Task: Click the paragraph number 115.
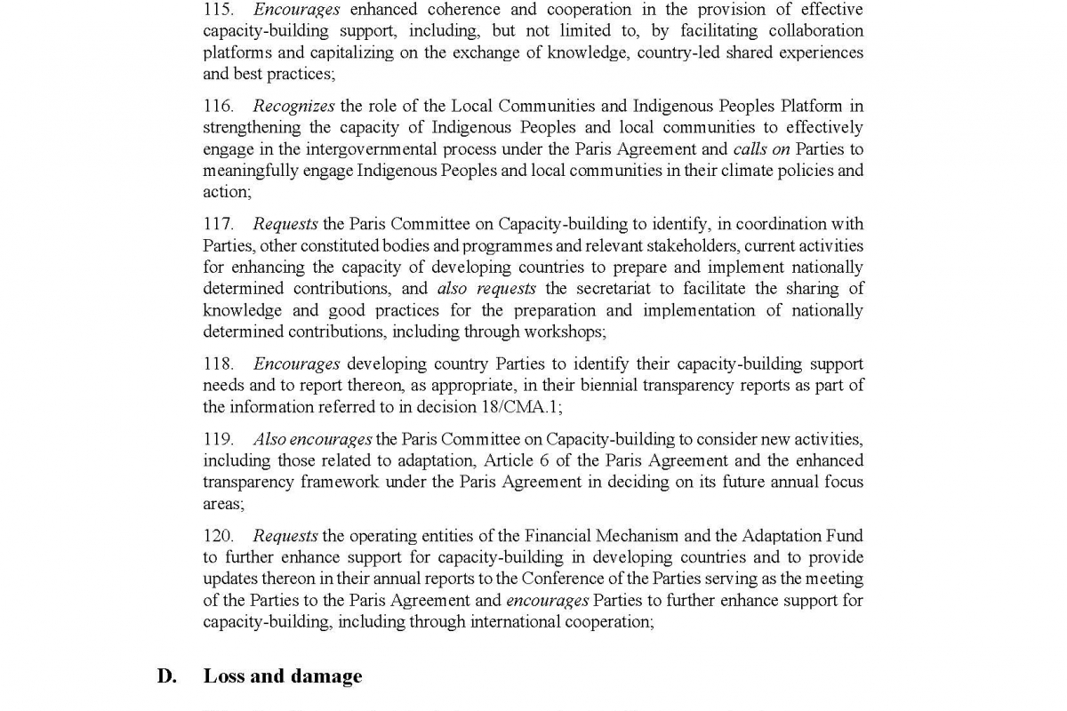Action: pos(219,10)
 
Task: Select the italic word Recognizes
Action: pos(293,107)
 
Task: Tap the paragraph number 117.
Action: pos(219,224)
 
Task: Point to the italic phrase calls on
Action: pos(762,149)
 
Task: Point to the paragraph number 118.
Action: pos(219,364)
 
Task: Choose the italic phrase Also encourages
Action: pos(312,440)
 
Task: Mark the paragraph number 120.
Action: pos(219,536)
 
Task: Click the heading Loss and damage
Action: pos(283,676)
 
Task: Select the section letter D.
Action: pos(166,676)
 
